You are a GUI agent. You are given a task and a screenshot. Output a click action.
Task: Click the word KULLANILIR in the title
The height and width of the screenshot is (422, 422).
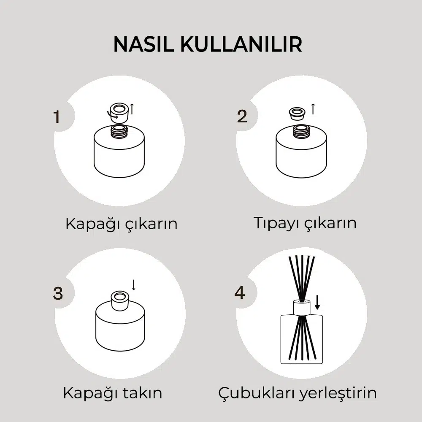(241, 44)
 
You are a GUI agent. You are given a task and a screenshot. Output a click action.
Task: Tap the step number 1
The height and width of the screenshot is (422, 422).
(57, 117)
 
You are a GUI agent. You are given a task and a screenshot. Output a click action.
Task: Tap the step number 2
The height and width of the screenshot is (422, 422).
(242, 116)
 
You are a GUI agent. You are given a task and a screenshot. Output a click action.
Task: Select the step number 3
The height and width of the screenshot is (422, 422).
(58, 293)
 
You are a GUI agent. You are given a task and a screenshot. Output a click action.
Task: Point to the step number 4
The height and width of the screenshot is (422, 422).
(240, 293)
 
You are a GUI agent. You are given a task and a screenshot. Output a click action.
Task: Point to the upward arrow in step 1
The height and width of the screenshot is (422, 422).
(132, 109)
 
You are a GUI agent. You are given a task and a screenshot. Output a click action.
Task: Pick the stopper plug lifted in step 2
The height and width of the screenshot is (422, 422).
(297, 114)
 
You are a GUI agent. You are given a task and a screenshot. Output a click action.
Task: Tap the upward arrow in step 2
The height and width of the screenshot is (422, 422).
(313, 109)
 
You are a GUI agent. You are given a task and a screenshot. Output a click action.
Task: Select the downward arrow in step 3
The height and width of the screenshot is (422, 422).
(133, 285)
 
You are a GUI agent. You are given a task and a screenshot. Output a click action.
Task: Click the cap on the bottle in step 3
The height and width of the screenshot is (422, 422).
(119, 299)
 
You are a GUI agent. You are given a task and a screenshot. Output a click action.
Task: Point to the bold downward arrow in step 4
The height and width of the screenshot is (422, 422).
(317, 302)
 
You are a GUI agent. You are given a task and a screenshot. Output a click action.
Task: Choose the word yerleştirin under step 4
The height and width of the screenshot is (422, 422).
(338, 393)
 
